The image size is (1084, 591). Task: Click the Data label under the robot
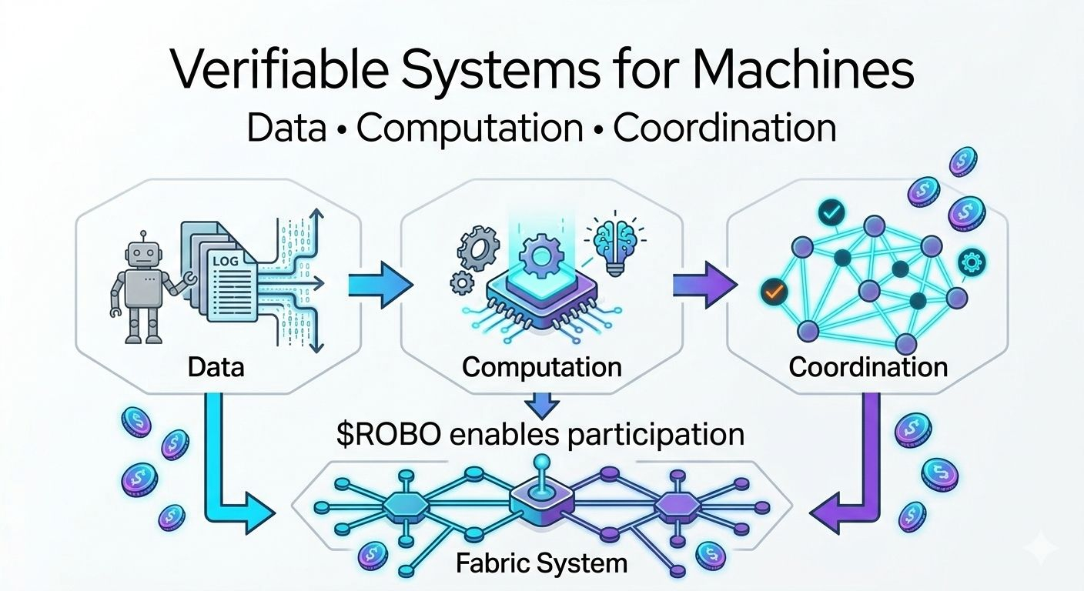click(216, 366)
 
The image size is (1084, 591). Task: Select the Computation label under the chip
click(541, 366)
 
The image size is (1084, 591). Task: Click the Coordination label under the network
click(868, 366)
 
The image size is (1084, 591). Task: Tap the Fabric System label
click(541, 563)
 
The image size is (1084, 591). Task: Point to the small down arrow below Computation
click(542, 403)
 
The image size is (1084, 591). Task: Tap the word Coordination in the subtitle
click(724, 129)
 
